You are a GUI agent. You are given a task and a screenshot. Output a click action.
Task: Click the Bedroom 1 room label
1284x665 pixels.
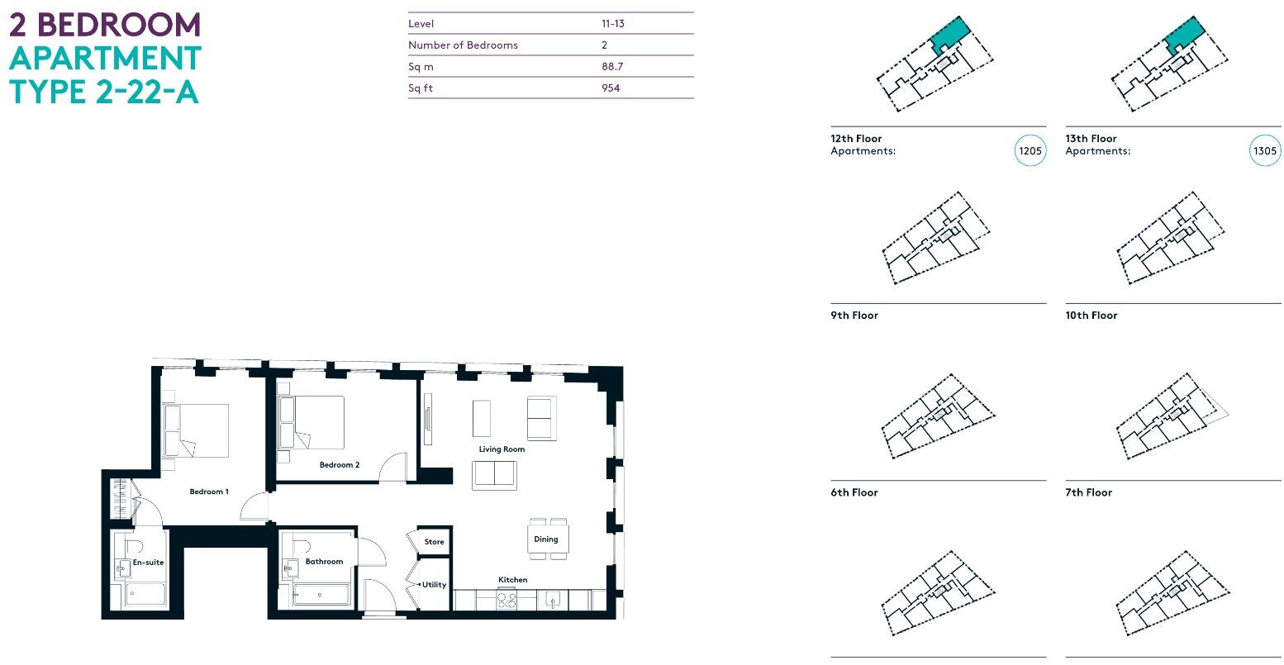[x=209, y=492]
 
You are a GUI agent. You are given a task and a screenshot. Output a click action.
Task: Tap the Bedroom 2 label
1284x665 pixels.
[x=340, y=465]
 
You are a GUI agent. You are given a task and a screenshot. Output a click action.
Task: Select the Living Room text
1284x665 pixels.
[x=502, y=449]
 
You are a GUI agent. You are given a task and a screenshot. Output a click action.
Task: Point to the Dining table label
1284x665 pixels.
[x=545, y=539]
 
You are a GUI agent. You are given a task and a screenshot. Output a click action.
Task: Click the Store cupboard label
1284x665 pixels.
[x=434, y=542]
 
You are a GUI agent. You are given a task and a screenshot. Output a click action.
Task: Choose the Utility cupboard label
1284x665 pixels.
[x=434, y=584]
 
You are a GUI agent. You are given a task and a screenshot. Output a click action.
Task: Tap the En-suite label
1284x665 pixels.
[x=149, y=563]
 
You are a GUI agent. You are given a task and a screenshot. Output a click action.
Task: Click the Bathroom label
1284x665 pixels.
[x=324, y=562]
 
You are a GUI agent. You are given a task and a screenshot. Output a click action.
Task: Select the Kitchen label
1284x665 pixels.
[x=512, y=580]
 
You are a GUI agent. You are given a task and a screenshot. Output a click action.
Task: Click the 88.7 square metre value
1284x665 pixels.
[x=612, y=67]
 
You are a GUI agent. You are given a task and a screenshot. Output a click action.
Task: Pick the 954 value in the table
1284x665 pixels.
[x=611, y=88]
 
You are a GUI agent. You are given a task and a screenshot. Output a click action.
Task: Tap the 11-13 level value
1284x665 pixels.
[x=612, y=24]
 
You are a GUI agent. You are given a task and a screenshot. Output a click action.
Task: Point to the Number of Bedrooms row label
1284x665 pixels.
[x=463, y=45]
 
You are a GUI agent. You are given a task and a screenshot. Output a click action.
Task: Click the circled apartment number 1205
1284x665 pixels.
[x=1030, y=151]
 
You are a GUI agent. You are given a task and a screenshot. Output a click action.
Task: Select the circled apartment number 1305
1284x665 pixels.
[x=1265, y=151]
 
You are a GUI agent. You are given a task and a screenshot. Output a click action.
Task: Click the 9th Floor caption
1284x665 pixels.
[x=854, y=316]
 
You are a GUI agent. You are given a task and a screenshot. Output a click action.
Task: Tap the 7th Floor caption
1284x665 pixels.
[x=1088, y=492]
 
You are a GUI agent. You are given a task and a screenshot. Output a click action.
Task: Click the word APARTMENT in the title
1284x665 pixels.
[x=105, y=59]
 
